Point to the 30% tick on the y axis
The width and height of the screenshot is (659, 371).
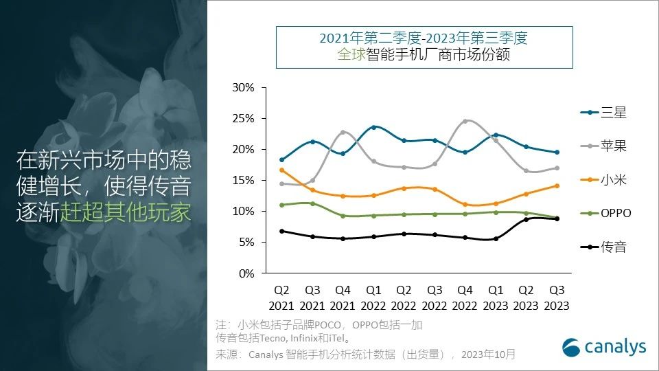click(244, 88)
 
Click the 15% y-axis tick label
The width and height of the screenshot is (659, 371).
click(244, 181)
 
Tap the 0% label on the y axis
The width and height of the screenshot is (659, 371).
click(246, 273)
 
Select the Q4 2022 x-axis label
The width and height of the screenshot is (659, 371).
click(465, 299)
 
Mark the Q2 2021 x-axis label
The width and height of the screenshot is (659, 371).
click(281, 299)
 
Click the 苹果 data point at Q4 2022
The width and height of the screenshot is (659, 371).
click(465, 121)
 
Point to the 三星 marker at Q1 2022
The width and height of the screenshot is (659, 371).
click(373, 127)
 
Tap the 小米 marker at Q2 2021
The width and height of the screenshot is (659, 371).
click(281, 170)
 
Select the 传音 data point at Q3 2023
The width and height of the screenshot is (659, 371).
click(557, 218)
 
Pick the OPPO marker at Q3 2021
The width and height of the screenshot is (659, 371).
click(312, 203)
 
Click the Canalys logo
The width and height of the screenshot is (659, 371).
click(604, 347)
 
